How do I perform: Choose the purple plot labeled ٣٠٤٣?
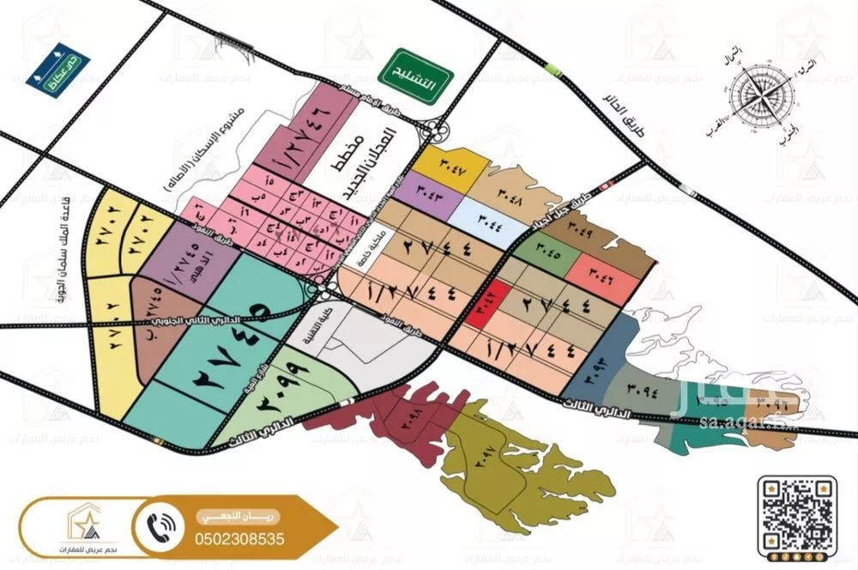pyautogui.click(x=426, y=192)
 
